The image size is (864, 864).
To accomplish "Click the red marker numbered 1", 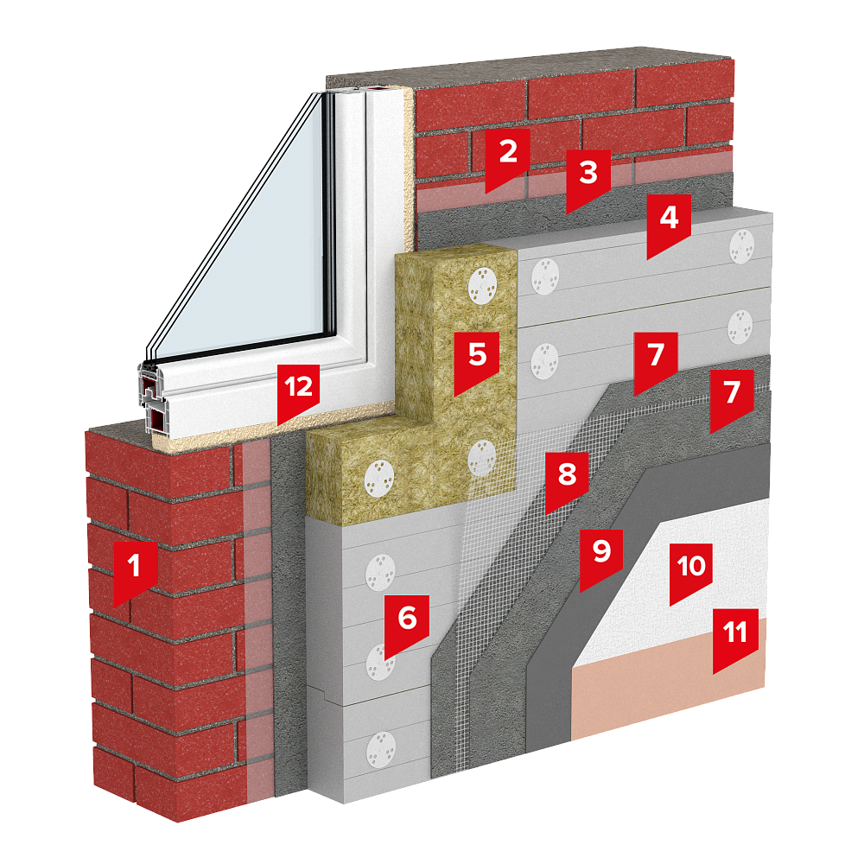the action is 135,570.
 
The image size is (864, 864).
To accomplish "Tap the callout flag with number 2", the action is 507,156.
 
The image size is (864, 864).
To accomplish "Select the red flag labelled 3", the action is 588,177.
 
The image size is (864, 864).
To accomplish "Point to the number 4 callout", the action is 669,223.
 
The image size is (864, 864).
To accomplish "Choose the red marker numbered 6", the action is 407,623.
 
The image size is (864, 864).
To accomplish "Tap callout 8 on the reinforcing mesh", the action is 567,479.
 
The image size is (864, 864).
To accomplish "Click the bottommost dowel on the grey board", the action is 381,749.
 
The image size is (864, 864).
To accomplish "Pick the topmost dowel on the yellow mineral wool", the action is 482,286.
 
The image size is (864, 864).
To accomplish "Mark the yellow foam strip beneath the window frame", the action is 276,429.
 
